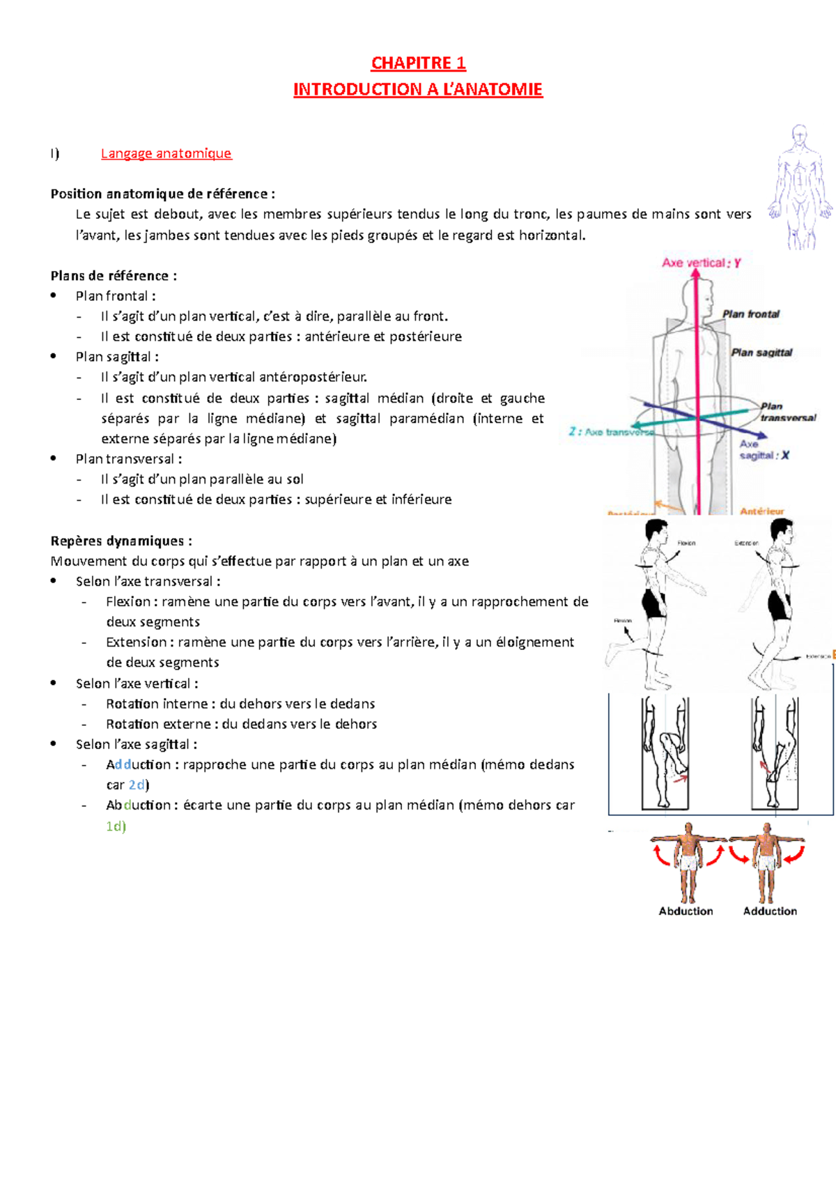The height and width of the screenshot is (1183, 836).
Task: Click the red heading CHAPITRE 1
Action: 418,63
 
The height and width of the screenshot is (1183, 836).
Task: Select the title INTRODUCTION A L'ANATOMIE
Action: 418,90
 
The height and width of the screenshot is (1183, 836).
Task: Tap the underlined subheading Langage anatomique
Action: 166,153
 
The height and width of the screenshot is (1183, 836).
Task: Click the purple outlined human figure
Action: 800,187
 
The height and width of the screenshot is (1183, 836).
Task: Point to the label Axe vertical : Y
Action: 701,263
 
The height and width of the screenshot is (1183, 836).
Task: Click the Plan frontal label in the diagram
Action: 751,314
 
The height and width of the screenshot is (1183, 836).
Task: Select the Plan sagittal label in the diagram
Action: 761,353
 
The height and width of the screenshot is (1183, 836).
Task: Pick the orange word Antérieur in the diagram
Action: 761,511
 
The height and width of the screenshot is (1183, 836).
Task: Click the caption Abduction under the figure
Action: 686,911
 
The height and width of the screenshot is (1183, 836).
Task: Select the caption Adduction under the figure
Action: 770,911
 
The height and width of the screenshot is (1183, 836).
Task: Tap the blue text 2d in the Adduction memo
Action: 137,785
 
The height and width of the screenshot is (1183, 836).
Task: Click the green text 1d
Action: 115,826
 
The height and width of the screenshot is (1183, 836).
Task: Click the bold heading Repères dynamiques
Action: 121,541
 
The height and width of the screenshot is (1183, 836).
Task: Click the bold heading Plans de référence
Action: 113,276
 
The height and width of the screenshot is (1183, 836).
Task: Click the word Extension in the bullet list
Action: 136,642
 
